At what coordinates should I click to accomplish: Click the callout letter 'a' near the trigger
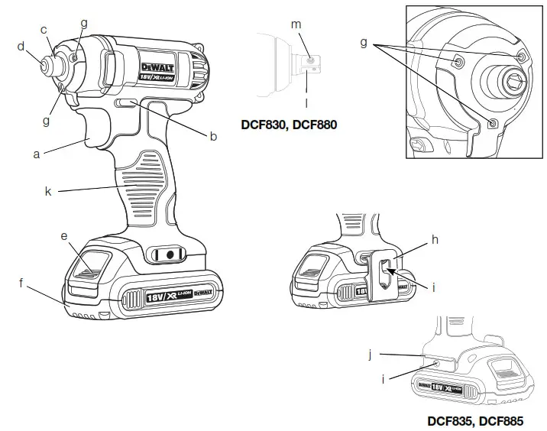36,154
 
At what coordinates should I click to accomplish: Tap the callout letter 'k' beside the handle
47,192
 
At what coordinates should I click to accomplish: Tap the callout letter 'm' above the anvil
296,24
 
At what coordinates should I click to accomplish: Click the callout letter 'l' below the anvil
308,100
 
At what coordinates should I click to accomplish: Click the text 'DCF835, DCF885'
475,420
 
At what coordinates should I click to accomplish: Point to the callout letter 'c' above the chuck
44,30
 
